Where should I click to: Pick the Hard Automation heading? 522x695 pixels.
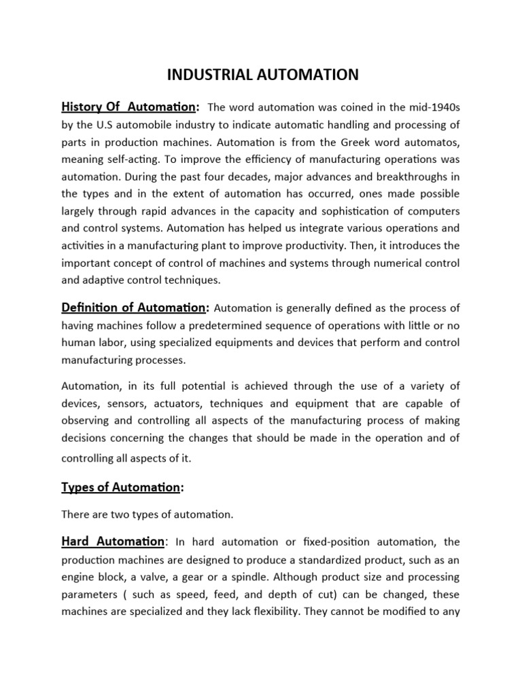[114, 541]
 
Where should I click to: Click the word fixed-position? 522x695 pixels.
[356, 542]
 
